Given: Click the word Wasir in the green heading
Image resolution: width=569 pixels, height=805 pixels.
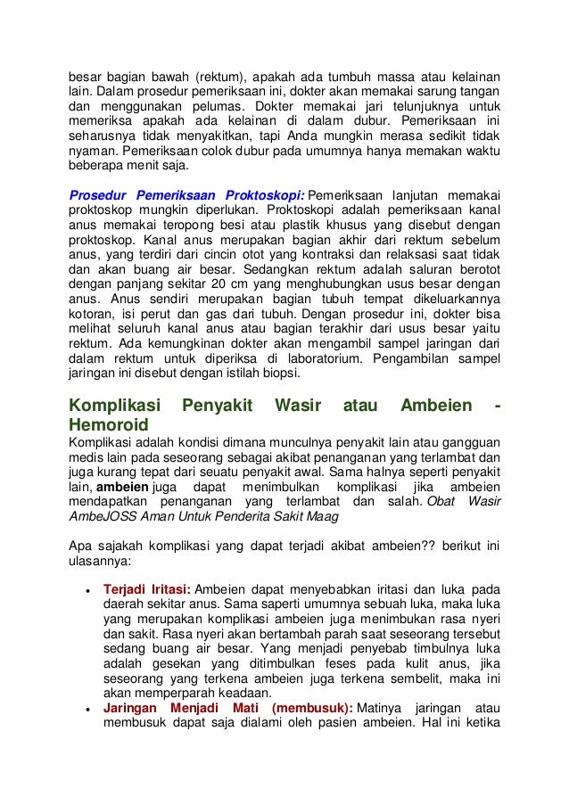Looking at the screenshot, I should click(297, 406).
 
